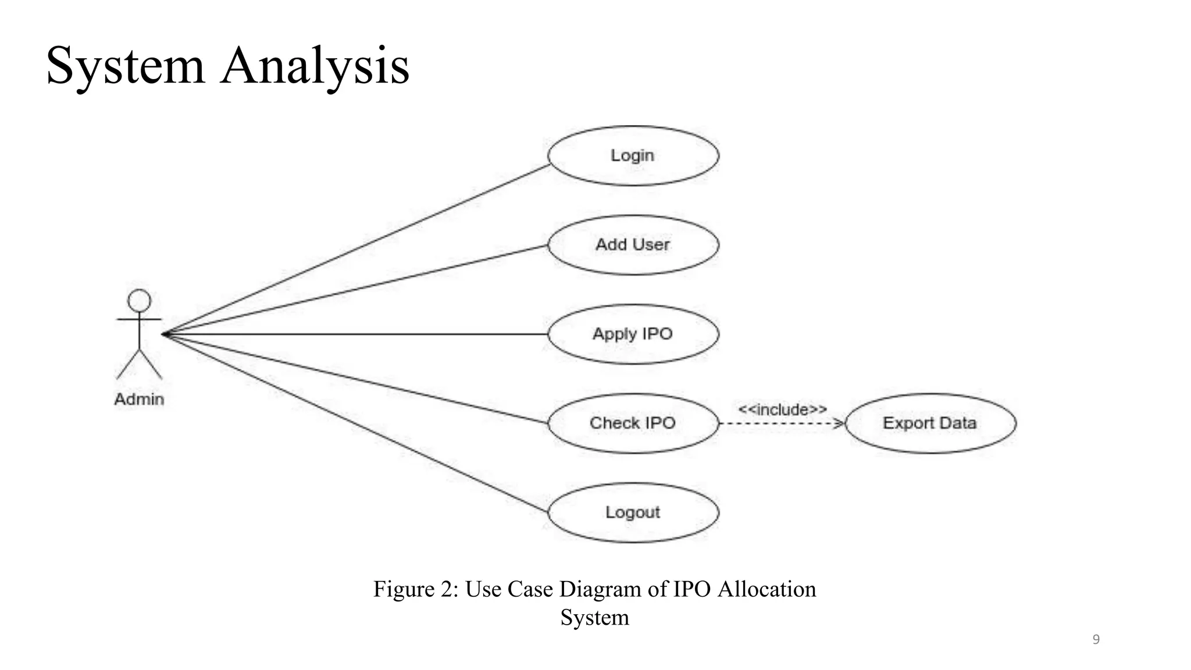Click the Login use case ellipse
point(633,156)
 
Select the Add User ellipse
point(633,245)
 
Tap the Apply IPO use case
point(633,334)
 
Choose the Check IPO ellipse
point(633,423)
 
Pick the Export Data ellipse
point(929,423)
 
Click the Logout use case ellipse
point(633,512)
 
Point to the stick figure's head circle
point(140,301)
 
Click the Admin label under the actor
point(139,400)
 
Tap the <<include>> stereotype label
point(782,409)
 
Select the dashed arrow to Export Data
point(779,424)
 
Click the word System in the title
point(125,66)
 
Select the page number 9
point(1096,640)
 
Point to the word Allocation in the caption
point(766,589)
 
